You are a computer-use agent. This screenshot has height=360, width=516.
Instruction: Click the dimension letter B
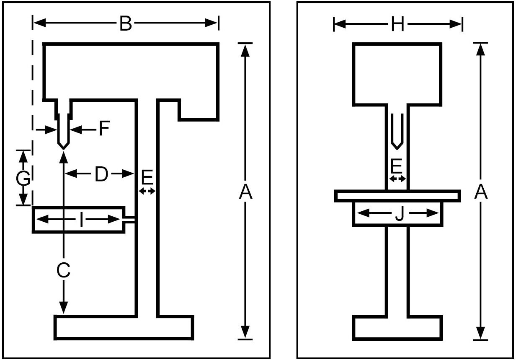click(x=125, y=24)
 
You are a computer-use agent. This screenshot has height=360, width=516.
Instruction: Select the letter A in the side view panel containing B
click(x=246, y=192)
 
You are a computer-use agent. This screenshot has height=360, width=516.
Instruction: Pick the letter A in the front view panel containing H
click(x=481, y=192)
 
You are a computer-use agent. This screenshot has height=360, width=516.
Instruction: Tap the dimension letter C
click(x=63, y=271)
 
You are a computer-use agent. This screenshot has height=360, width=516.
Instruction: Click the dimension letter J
click(x=399, y=214)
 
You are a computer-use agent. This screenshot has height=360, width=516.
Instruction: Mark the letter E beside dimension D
click(x=147, y=178)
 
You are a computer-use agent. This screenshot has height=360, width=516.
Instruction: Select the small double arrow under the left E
click(x=147, y=191)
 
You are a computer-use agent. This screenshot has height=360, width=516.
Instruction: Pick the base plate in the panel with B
click(x=124, y=327)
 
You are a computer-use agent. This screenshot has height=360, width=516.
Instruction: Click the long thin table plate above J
click(x=397, y=196)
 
